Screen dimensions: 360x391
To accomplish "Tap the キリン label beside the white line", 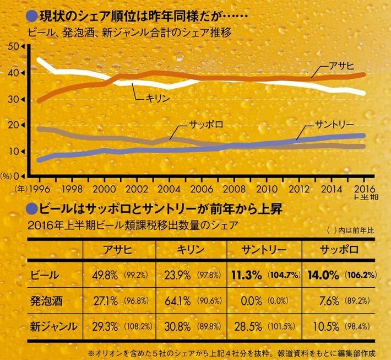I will click(x=158, y=97).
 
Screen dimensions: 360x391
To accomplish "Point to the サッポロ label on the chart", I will click(x=204, y=124).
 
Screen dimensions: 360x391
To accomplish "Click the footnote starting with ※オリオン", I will click(x=231, y=351).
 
